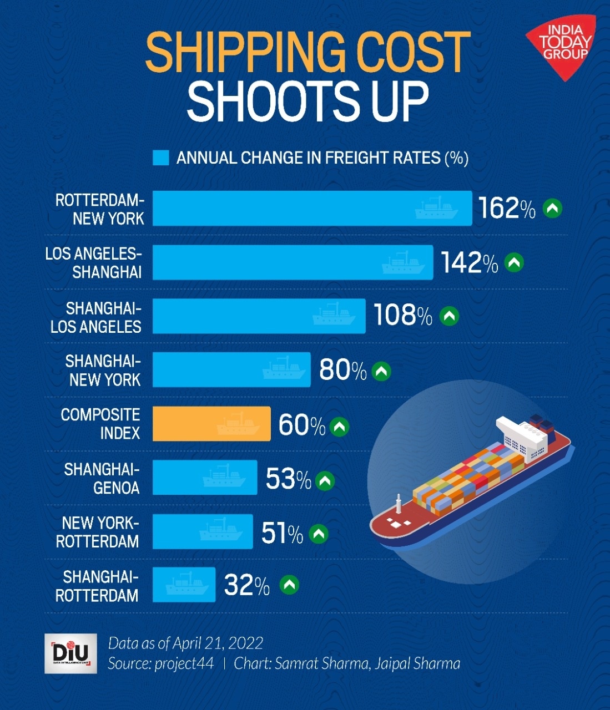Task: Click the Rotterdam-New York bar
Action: tap(312, 208)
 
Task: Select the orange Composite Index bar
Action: tap(211, 424)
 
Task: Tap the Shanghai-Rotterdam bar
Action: tap(184, 585)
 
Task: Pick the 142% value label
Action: tap(470, 262)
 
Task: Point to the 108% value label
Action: tap(402, 316)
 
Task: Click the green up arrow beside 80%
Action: tap(381, 371)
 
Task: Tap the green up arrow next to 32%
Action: tap(289, 584)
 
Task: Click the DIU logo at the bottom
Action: tap(70, 653)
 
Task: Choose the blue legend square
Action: tap(160, 158)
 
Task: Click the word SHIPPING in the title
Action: tap(244, 53)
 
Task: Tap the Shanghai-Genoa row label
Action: tap(102, 478)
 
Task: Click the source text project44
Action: tap(184, 663)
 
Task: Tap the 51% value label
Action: tap(282, 533)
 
